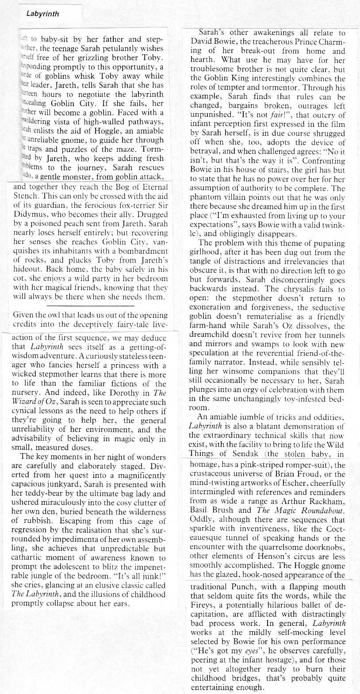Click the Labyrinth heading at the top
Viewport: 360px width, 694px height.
[42, 13]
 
